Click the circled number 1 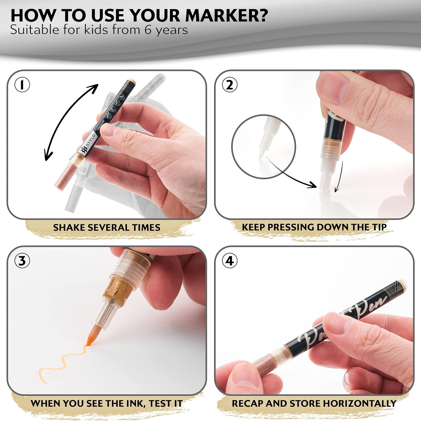(x=22, y=85)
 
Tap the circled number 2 (x=230, y=85)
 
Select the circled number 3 (x=22, y=261)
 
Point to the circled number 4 (x=230, y=261)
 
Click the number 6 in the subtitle (x=148, y=30)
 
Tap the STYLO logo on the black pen (x=88, y=143)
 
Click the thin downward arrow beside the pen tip (x=339, y=177)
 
